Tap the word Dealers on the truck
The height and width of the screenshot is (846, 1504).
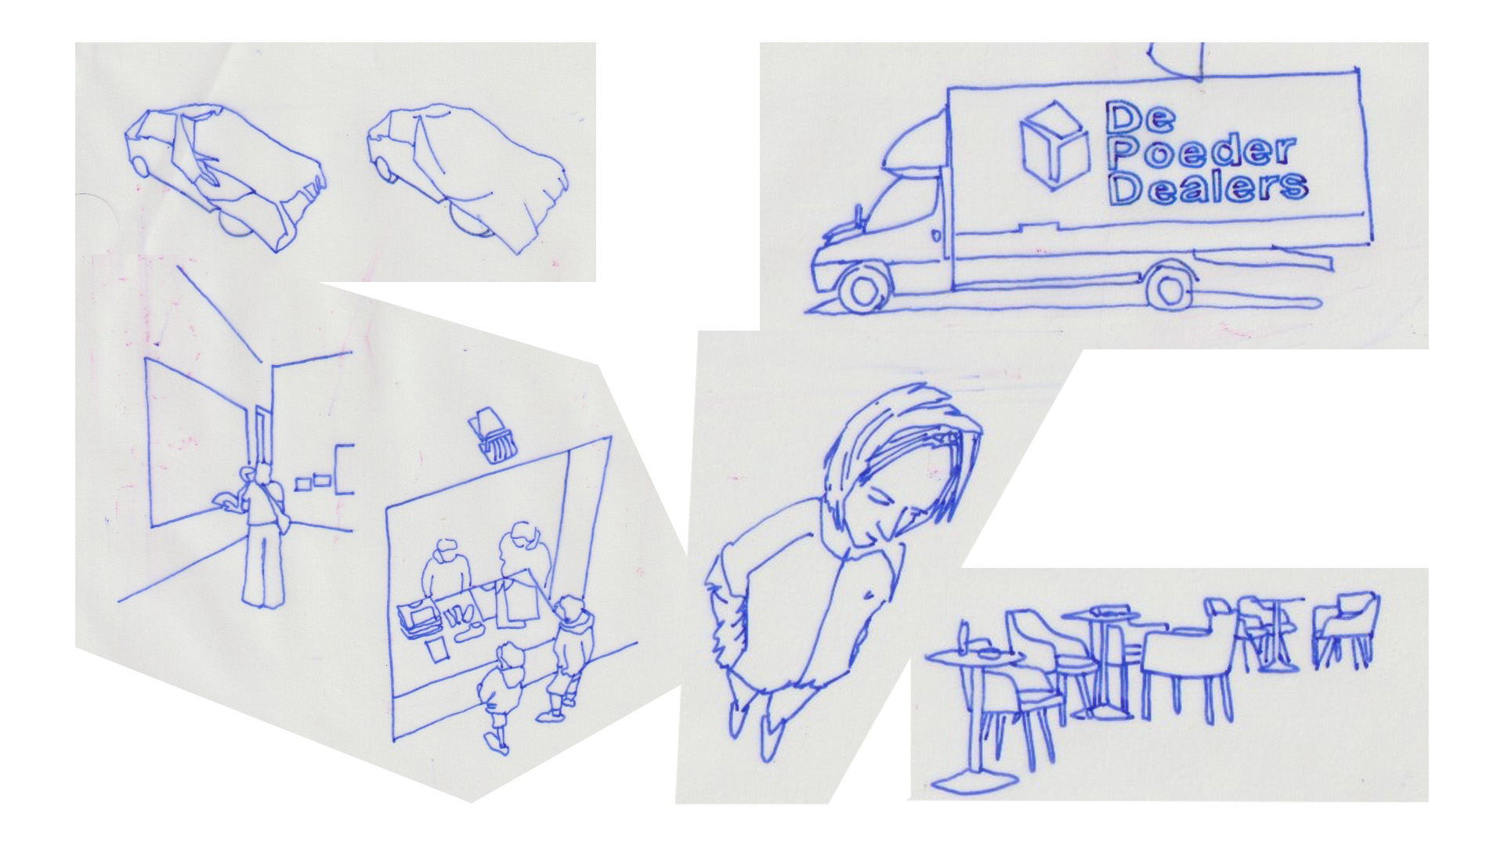click(x=1208, y=188)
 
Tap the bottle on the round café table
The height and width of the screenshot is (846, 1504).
click(x=964, y=635)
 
